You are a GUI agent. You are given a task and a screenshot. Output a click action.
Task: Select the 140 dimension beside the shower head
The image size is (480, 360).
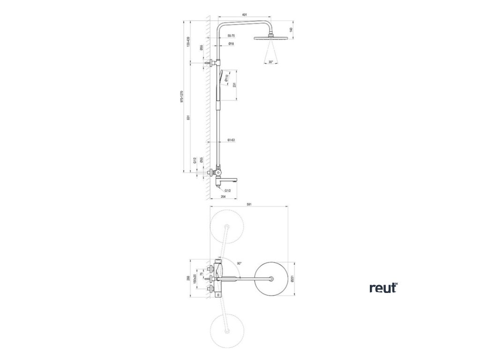click(x=291, y=30)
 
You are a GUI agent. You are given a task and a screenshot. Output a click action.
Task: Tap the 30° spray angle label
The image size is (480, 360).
click(x=270, y=62)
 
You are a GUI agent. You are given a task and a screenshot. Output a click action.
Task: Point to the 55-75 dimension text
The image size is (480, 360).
click(x=231, y=36)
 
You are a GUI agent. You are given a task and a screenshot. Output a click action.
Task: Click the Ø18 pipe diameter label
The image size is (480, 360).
click(x=231, y=44)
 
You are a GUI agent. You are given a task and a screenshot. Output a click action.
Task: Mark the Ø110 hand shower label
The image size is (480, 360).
click(x=226, y=78)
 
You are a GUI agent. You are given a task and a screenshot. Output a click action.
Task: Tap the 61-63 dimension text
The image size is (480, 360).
click(x=231, y=140)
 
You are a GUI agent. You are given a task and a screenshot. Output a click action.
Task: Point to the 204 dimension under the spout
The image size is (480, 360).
click(x=223, y=197)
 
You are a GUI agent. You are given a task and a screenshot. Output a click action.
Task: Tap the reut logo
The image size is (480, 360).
click(x=383, y=287)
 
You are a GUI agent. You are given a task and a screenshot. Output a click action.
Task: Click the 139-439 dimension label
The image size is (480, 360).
click(x=188, y=41)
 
